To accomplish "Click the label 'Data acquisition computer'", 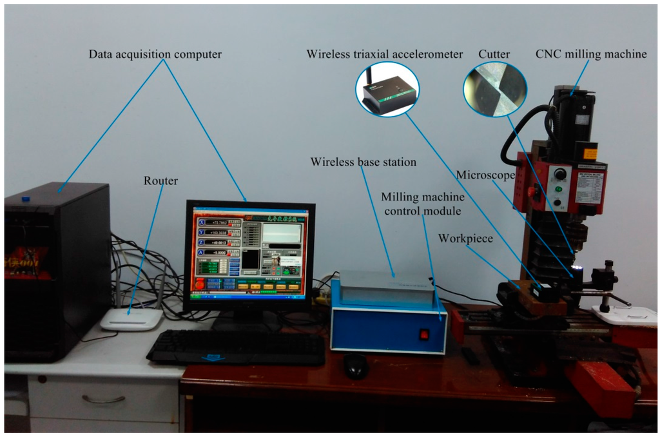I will tap(155, 54).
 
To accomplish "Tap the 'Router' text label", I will tap(160, 181).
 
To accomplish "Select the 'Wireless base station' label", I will tap(363, 162).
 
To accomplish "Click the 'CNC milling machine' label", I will tap(591, 54).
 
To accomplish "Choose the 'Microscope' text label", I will tap(484, 175).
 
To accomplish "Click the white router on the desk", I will tap(131, 318).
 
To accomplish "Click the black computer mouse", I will tap(356, 365).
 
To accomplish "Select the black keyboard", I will tap(236, 347).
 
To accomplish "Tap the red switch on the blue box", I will tap(424, 334).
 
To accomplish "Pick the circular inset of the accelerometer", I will tap(387, 90).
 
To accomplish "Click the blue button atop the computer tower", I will tap(26, 199).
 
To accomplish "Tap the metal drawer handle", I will tap(103, 400).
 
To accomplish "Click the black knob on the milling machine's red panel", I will tap(560, 174).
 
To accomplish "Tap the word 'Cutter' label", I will tap(494, 54).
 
